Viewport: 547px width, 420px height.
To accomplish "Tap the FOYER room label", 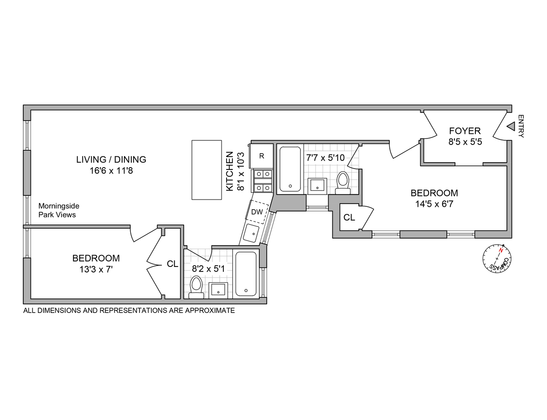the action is (x=464, y=131).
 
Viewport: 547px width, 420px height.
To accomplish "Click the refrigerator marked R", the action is (x=262, y=156).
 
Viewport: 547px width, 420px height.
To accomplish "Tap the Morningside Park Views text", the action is (x=58, y=210).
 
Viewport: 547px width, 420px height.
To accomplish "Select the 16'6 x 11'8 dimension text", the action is (x=111, y=171).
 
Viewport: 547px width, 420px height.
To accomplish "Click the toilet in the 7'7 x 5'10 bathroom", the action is (x=342, y=181).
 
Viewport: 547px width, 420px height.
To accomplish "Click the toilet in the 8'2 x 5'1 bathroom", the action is (x=196, y=287).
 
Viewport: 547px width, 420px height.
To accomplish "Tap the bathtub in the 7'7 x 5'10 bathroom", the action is (x=289, y=169).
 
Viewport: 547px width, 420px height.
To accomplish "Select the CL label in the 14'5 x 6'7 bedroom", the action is (x=349, y=218).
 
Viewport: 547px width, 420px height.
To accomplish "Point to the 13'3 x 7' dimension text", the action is (x=96, y=269).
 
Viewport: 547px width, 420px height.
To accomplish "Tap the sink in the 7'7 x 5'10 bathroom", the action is (x=317, y=185).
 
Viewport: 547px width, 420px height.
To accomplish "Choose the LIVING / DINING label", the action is (x=111, y=159).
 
